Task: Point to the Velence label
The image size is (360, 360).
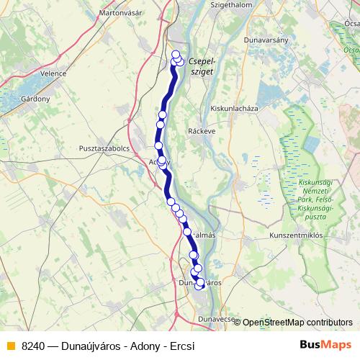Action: click(54, 73)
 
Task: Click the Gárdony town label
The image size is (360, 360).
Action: click(35, 98)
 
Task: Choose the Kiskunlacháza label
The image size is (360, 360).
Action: click(234, 108)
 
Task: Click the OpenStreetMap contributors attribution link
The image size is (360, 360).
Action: click(297, 323)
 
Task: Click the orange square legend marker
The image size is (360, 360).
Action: click(11, 346)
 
